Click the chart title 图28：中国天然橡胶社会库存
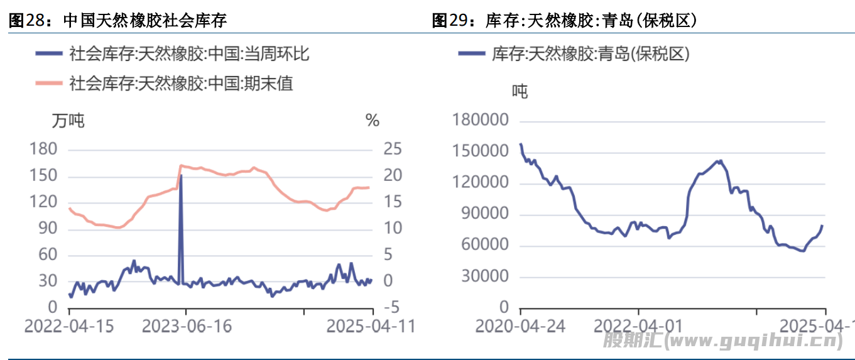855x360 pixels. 117,21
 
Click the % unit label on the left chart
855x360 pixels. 373,120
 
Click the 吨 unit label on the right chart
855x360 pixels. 520,92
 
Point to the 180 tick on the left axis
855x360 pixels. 43,150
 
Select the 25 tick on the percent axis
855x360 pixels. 393,150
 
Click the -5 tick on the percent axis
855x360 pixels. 391,307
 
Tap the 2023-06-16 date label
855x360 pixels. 187,326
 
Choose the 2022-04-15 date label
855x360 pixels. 68,326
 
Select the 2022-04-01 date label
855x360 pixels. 638,326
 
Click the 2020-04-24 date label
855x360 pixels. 521,326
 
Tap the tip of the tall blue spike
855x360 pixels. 181,175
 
